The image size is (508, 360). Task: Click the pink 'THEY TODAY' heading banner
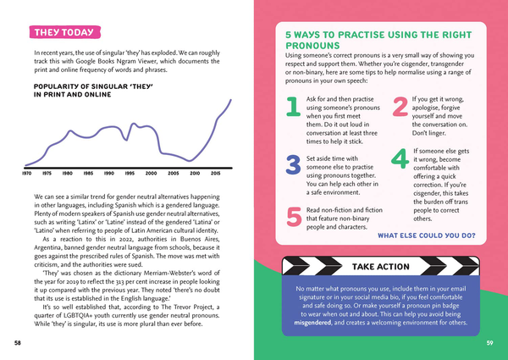coord(65,32)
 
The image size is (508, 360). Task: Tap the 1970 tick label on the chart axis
coord(27,174)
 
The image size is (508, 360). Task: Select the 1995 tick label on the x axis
coord(130,174)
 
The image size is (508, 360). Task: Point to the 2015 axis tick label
coord(215,174)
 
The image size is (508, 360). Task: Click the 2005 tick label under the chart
coord(173,174)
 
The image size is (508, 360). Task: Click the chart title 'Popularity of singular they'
coord(93,91)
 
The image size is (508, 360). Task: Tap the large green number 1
coord(293,107)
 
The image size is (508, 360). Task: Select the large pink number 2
coord(400,107)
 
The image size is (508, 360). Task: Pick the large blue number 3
coord(293,164)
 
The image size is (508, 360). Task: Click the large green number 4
coord(400,158)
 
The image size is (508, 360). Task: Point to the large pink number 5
coord(294,217)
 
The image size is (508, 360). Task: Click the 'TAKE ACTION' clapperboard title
coord(381,267)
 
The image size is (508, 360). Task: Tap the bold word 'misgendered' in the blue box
coord(312,323)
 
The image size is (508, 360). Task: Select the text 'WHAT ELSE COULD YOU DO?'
coord(427,235)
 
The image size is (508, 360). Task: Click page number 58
coord(18,343)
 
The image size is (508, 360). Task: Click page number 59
coord(489,343)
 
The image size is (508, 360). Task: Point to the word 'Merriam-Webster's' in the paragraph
coord(165,273)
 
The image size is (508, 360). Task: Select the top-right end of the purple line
coord(231,100)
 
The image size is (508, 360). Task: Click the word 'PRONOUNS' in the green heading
coord(312,46)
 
